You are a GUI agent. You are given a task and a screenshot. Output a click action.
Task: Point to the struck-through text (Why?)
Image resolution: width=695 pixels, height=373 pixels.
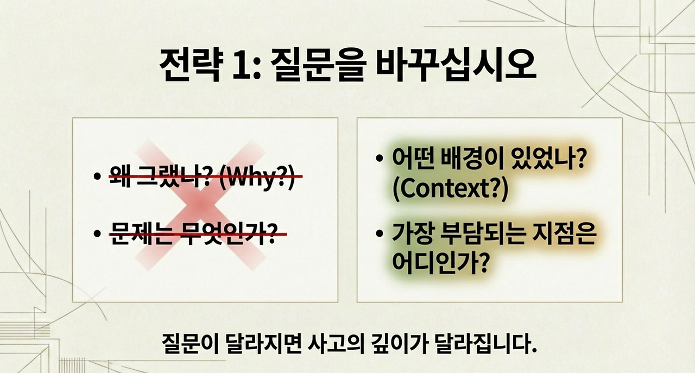coord(258,177)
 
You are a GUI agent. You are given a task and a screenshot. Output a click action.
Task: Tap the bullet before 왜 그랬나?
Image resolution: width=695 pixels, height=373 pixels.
coord(97,177)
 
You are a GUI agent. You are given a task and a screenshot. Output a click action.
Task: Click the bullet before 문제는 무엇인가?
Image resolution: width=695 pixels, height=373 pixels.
coord(97,235)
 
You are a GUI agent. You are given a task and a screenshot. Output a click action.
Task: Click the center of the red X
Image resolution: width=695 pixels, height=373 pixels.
coord(200,206)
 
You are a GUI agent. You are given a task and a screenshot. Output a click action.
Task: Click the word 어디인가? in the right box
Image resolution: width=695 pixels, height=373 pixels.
coord(438,263)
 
